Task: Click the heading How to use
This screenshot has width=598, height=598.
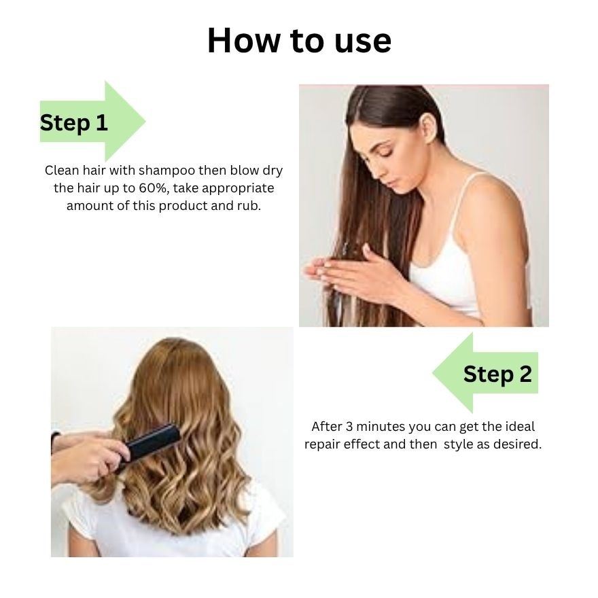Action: (x=299, y=40)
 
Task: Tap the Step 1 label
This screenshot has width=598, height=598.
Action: (x=73, y=122)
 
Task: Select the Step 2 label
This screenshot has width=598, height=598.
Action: (x=497, y=374)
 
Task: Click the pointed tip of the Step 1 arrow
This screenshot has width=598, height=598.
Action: (x=145, y=121)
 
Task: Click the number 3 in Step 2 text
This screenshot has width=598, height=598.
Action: (x=349, y=426)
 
